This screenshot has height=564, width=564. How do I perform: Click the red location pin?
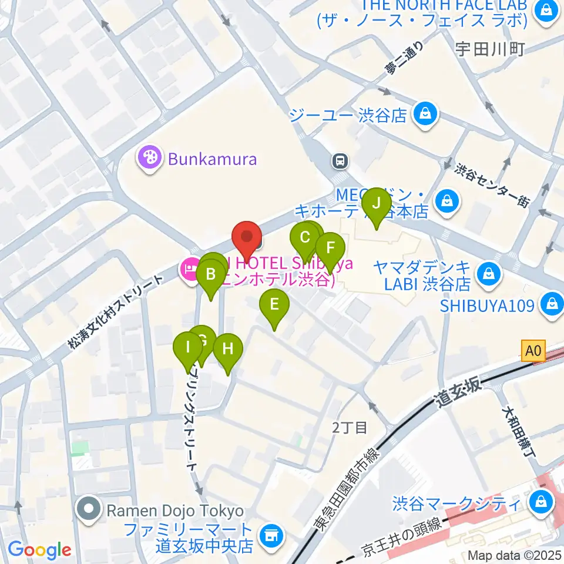pyautogui.click(x=247, y=239)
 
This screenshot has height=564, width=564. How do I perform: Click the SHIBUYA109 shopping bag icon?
pyautogui.click(x=552, y=304)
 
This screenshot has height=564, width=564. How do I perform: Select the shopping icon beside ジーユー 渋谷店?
pyautogui.click(x=424, y=113)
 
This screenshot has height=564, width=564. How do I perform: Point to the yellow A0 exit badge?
pyautogui.click(x=532, y=351)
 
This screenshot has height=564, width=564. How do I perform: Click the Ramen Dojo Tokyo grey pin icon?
pyautogui.click(x=90, y=509)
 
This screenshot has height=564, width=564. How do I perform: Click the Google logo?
pyautogui.click(x=39, y=550)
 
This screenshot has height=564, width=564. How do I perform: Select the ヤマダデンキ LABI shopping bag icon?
pyautogui.click(x=488, y=273)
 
